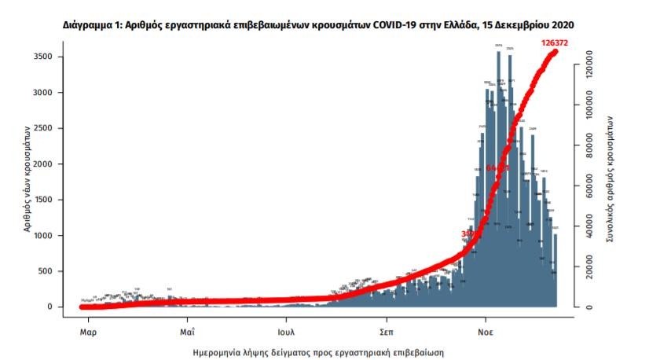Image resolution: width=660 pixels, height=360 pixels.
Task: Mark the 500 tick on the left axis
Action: point(46,271)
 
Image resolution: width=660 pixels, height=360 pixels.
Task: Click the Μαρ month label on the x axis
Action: point(87,321)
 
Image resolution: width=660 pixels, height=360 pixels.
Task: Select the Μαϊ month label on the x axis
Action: point(187,321)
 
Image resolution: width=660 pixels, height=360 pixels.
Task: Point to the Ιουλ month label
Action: point(287,321)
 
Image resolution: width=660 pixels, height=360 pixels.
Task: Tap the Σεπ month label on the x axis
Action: point(386,321)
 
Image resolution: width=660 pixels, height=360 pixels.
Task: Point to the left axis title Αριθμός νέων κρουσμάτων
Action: point(27,180)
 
